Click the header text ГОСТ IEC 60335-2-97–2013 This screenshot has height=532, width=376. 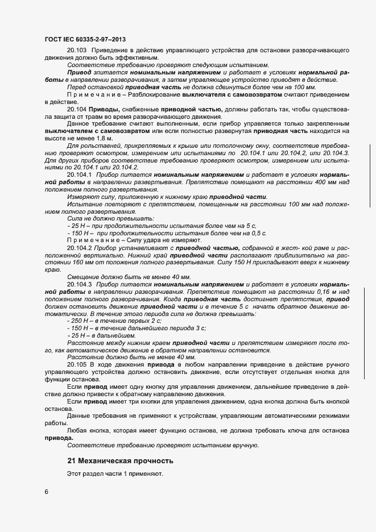[x=85, y=39]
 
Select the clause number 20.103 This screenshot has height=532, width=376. [x=76, y=51]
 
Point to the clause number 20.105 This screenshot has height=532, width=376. [x=76, y=363]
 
